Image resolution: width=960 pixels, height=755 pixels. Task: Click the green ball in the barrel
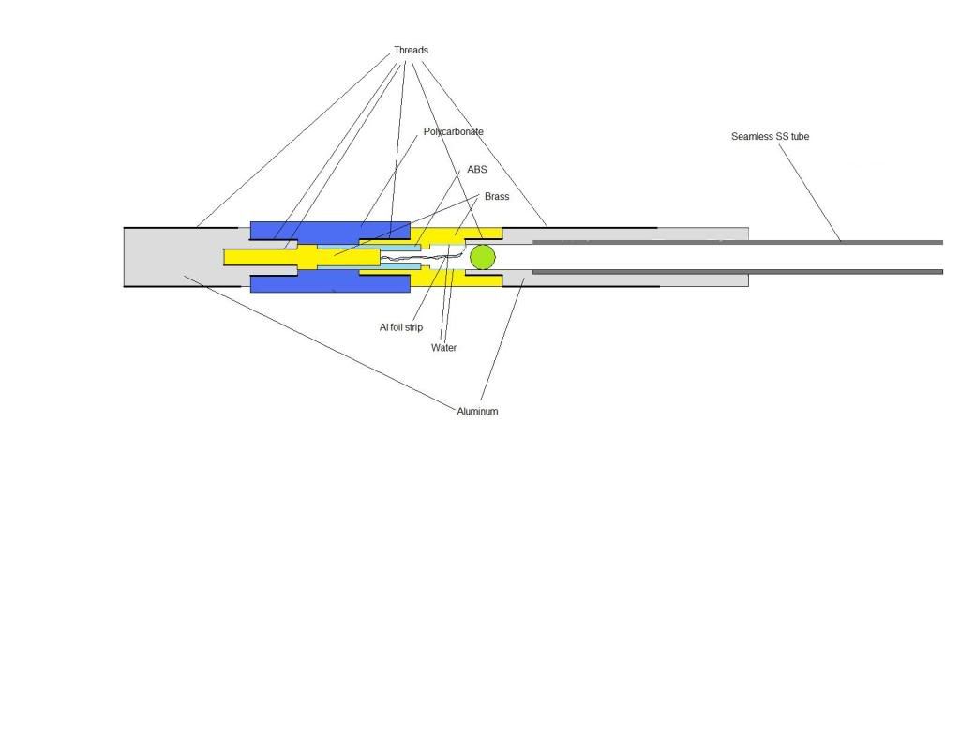(x=483, y=257)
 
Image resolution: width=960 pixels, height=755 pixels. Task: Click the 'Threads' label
(x=411, y=51)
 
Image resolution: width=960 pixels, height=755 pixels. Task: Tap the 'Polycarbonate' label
(x=453, y=131)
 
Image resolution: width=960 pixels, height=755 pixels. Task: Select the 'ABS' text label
(x=477, y=169)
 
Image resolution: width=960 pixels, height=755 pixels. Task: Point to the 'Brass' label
(x=497, y=197)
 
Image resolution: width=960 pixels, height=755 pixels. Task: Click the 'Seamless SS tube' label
(x=770, y=137)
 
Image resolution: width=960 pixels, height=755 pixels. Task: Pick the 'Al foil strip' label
(x=401, y=327)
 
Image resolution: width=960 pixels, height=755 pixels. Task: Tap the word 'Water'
(x=443, y=348)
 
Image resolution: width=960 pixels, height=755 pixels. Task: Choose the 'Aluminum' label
(x=477, y=412)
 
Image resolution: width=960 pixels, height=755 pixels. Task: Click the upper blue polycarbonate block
(x=330, y=230)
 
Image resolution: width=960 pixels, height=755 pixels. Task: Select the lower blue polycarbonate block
(x=330, y=283)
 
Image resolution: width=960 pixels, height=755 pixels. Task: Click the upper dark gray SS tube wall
(x=738, y=243)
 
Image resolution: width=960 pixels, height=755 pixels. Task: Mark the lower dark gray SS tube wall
(x=738, y=271)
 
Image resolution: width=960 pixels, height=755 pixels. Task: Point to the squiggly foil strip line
(x=423, y=257)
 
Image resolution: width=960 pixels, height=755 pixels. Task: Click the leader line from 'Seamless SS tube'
(x=809, y=193)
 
